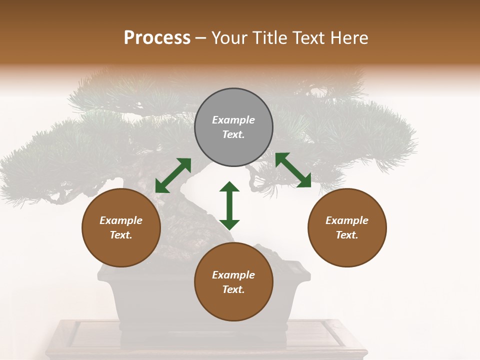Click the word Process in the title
(x=157, y=38)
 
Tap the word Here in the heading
(x=348, y=38)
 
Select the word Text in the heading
(x=308, y=38)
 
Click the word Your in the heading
(x=229, y=38)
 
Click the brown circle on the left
(x=121, y=227)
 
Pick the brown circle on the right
(x=347, y=227)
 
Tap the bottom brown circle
(x=233, y=281)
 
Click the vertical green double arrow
(x=229, y=205)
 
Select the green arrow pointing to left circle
(x=173, y=175)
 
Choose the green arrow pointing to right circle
(x=293, y=170)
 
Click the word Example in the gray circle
(x=233, y=120)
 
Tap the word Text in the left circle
(x=121, y=235)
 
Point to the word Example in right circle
(x=347, y=220)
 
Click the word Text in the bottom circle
(x=233, y=289)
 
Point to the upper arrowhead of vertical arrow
(x=229, y=187)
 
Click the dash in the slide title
(x=200, y=38)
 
